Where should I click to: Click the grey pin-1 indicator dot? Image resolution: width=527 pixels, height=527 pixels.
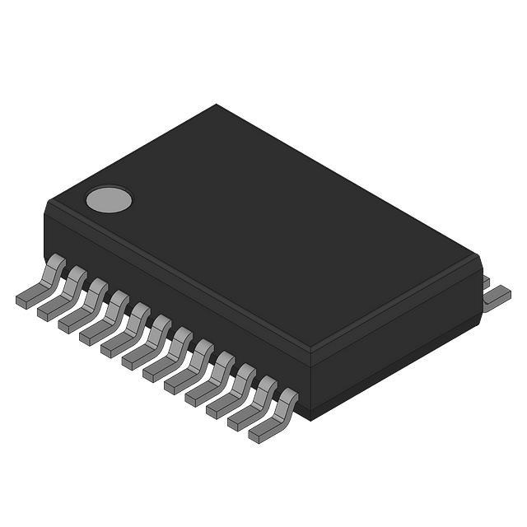pos(109,198)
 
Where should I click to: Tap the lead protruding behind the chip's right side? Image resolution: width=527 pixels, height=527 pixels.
pos(497,296)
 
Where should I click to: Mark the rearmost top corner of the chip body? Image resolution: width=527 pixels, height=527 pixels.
pos(217,105)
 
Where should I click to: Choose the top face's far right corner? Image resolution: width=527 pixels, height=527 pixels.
pos(476,257)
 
